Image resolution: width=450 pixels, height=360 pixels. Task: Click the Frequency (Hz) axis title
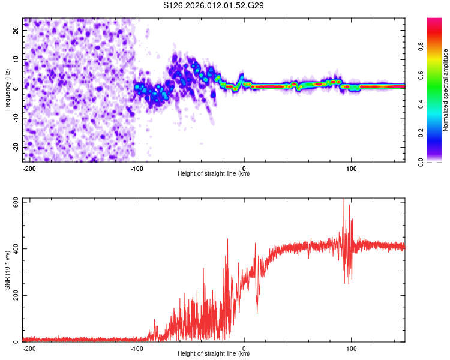(x=7, y=89)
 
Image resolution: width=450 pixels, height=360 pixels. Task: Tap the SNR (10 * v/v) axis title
(x=7, y=270)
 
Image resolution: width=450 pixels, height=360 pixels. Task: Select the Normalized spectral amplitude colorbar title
(x=446, y=90)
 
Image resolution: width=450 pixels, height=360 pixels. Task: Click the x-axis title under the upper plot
(x=214, y=174)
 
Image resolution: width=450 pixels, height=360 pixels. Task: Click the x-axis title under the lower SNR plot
(x=214, y=354)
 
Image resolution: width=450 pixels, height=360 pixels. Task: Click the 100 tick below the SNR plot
(x=351, y=347)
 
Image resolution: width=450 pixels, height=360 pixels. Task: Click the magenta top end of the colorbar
(x=435, y=21)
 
